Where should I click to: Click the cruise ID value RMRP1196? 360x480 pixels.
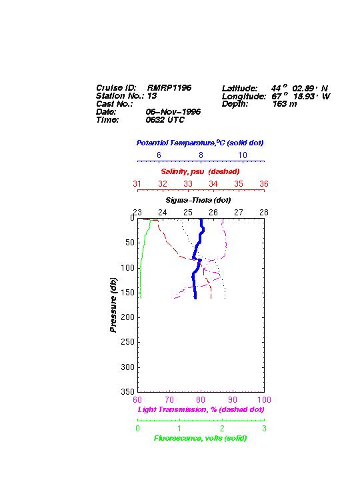[169, 88]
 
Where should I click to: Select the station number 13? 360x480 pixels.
[152, 96]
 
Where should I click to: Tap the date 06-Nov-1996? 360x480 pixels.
[173, 112]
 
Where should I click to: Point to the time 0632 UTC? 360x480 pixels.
[165, 120]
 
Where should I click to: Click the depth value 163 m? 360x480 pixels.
[285, 104]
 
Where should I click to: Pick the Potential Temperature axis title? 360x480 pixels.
[200, 143]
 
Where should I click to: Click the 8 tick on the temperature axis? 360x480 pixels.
[201, 155]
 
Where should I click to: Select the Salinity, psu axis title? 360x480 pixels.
[200, 171]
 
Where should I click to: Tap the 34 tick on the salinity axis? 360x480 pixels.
[213, 184]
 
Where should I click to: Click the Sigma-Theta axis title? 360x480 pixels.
[199, 200]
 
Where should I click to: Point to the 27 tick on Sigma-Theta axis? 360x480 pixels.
[239, 213]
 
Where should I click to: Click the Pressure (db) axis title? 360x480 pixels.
[113, 305]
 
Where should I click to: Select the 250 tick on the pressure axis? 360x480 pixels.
[127, 342]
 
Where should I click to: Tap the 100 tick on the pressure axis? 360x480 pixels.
[127, 268]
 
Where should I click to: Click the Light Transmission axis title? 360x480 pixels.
[201, 409]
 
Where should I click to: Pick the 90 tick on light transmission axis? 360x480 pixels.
[233, 400]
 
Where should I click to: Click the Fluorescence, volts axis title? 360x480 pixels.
[200, 439]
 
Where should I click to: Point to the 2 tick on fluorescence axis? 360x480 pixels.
[222, 429]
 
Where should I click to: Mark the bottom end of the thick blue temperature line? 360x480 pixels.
[195, 298]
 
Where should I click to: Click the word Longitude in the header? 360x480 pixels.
[244, 97]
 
